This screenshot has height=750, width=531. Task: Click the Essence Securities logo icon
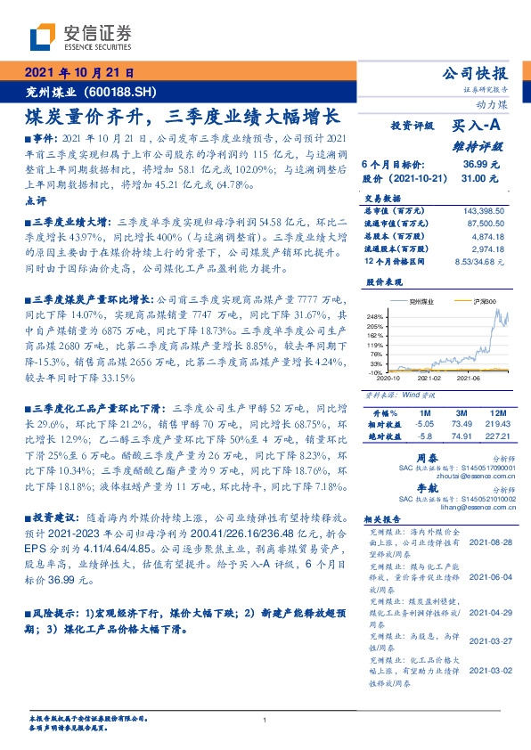[42, 37]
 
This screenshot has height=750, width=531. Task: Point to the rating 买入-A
[476, 126]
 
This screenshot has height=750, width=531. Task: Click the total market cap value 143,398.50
[484, 208]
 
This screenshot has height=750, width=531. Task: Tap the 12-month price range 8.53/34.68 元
[479, 262]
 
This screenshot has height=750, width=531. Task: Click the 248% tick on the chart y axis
[373, 316]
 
